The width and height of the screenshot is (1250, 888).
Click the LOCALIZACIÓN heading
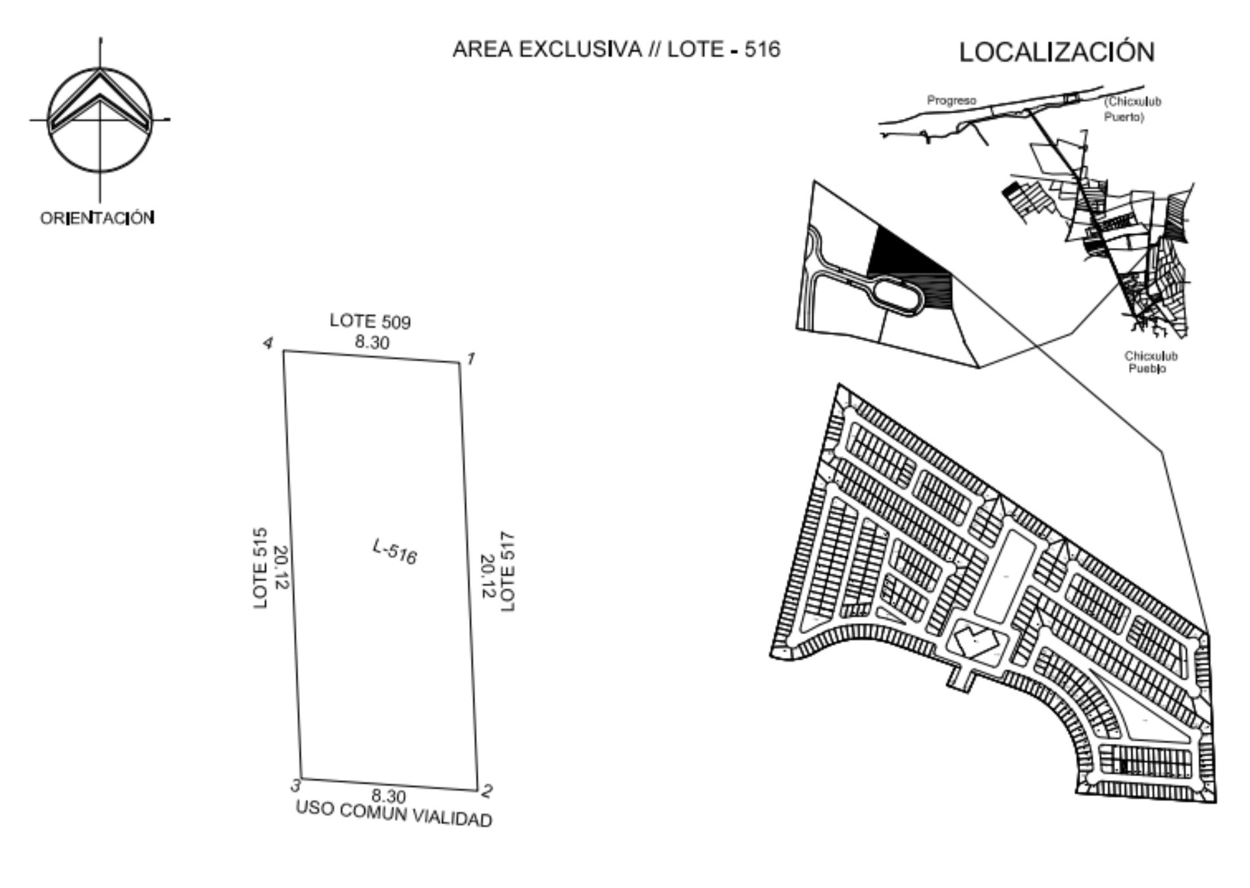coord(1057,51)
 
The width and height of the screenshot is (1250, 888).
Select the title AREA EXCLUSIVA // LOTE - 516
coord(616,49)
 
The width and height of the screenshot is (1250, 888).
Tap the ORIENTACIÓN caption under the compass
coord(97,218)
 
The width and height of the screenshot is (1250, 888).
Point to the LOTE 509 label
coord(370,321)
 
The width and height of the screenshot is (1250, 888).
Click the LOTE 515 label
coord(261,568)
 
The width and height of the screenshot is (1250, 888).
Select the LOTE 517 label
coord(508,572)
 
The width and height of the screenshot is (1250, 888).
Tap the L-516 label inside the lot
coord(395,552)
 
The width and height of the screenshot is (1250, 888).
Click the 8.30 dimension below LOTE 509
coord(372,342)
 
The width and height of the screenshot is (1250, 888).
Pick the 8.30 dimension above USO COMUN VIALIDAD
coord(389,797)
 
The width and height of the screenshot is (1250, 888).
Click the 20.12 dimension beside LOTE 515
coord(281,568)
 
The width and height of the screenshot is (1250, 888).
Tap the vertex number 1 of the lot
coord(471,358)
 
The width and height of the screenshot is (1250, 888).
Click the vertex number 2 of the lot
coord(487,791)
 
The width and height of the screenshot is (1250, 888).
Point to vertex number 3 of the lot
coord(296,785)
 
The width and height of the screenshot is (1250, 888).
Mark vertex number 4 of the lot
coord(268,343)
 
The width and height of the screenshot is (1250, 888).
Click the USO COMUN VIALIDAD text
coord(394,814)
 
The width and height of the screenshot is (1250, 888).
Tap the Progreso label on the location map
coord(951,101)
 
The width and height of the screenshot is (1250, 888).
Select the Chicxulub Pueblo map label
coord(1151,362)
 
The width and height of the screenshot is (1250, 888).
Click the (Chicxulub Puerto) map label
coord(1133,110)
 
